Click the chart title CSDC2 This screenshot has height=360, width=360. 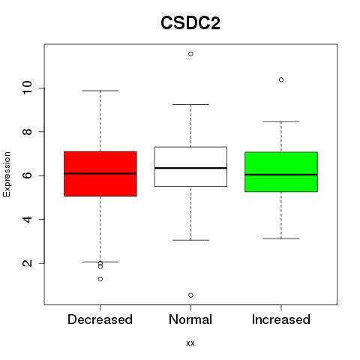(x=190, y=23)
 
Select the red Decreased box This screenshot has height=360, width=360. (x=100, y=174)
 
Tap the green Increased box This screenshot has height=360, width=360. (x=281, y=172)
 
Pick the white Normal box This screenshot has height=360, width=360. (x=190, y=166)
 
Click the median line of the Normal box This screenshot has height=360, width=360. (x=190, y=168)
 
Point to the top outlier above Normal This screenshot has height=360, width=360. (x=190, y=54)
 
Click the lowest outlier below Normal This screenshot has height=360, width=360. (x=190, y=295)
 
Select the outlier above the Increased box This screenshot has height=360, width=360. (x=281, y=79)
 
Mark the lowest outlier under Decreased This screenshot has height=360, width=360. (x=100, y=279)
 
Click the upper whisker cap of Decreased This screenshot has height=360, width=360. (x=100, y=91)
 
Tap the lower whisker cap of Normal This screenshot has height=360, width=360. (x=190, y=240)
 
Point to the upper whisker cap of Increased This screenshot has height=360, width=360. (x=281, y=121)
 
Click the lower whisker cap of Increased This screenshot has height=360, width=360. (x=281, y=238)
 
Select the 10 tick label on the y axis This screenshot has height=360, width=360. (x=28, y=88)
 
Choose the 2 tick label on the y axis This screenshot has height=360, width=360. (x=28, y=263)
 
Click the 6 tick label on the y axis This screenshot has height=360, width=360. (x=28, y=175)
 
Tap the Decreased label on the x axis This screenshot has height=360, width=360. (x=100, y=319)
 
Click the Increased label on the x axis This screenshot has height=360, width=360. (x=281, y=319)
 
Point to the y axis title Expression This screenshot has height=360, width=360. (x=7, y=175)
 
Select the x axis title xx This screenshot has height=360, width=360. (x=190, y=343)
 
